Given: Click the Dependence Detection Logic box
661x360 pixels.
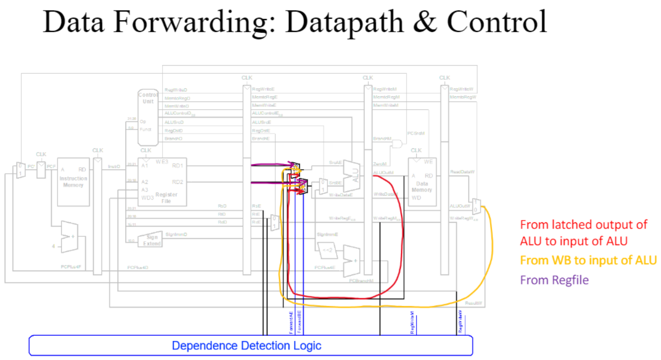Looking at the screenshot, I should tap(247, 346).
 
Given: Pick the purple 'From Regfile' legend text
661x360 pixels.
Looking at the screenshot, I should tap(554, 280).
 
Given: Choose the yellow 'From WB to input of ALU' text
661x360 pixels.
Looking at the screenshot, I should tap(588, 260).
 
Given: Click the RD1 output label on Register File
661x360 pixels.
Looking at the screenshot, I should tap(178, 166).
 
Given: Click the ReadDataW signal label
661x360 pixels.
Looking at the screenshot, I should tap(462, 172).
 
